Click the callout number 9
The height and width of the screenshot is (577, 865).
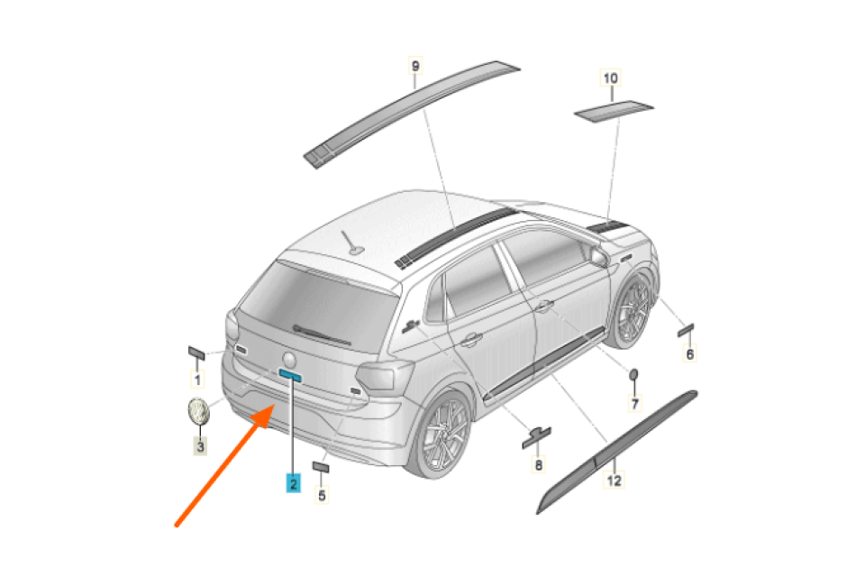(414, 66)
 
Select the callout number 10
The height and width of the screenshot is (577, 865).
(611, 78)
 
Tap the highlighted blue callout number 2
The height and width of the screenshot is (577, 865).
(293, 483)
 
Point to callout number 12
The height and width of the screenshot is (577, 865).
(614, 481)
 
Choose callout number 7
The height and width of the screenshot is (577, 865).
(635, 404)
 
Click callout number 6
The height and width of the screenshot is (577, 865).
(689, 353)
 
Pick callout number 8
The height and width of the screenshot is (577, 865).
(539, 465)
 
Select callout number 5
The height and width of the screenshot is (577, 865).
(323, 495)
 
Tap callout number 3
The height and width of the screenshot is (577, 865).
(200, 446)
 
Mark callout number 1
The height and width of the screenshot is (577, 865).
(197, 380)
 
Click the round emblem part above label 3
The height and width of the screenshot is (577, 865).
(198, 411)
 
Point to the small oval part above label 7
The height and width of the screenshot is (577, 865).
(633, 374)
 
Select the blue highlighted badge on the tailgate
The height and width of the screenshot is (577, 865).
(290, 375)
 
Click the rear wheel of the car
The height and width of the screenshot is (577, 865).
(441, 435)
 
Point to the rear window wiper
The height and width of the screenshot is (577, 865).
(322, 334)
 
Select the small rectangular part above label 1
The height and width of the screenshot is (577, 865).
(196, 353)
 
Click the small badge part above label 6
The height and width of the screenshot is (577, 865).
(686, 330)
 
